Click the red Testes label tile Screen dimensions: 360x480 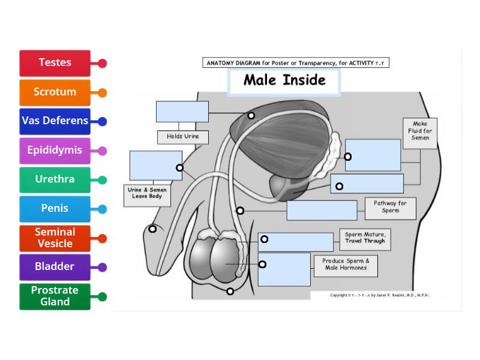55,63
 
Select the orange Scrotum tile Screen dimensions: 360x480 55,92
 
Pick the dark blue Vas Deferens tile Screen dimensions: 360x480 55,121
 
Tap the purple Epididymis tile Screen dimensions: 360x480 55,151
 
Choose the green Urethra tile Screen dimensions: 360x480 55,179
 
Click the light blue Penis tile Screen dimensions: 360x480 55,209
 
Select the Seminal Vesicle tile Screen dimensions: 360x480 55,238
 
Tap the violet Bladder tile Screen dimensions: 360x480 55,267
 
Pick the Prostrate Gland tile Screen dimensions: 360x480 55,296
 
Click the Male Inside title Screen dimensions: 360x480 284,80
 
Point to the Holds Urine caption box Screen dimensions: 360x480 183,137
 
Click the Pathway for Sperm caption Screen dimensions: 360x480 390,207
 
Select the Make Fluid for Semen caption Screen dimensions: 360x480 420,131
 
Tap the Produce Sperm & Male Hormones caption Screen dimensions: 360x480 346,265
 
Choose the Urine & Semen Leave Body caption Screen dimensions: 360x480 147,193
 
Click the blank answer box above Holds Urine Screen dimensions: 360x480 182,112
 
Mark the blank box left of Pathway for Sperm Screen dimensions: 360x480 322,211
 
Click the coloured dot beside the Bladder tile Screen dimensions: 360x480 102,267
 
